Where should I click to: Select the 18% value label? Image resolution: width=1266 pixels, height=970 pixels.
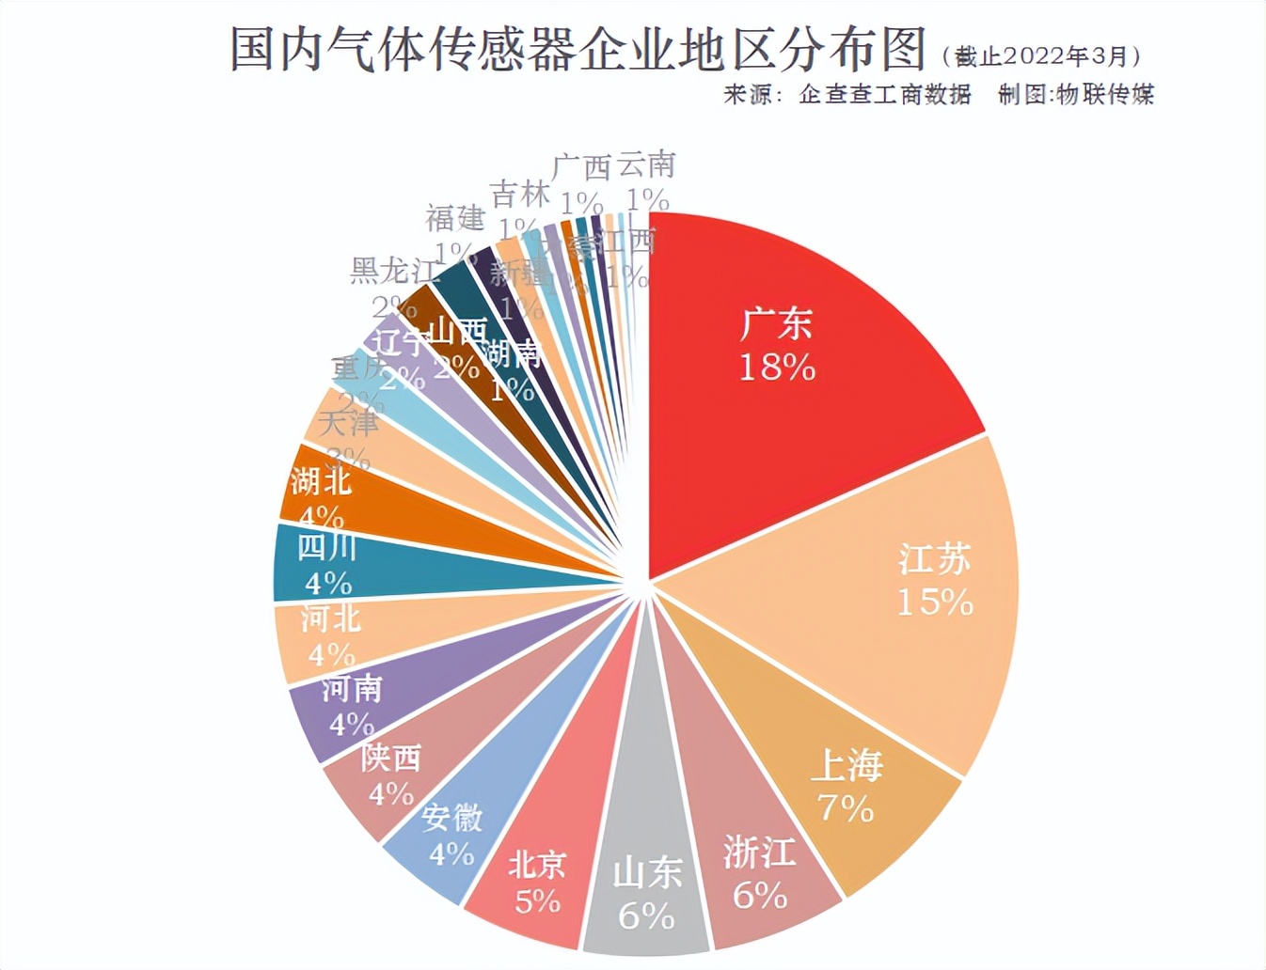click(777, 368)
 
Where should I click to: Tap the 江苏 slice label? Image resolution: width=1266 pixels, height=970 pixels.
click(934, 559)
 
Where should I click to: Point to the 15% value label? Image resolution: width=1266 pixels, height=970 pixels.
click(934, 602)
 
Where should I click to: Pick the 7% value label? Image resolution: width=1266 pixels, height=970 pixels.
click(846, 807)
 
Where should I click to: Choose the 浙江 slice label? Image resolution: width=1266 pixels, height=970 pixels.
click(759, 853)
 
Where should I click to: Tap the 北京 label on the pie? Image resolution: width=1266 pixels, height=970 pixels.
click(537, 863)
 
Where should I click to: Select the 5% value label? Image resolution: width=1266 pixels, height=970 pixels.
click(537, 901)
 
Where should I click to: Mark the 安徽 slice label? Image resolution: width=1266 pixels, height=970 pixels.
click(452, 817)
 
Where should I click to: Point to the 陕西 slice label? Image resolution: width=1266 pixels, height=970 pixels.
click(391, 757)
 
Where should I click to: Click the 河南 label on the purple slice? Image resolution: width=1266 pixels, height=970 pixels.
click(352, 688)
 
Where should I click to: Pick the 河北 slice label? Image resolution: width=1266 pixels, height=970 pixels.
click(330, 618)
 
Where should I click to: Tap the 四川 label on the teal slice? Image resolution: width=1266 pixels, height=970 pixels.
click(326, 546)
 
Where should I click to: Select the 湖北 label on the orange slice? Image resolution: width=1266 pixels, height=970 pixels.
click(321, 480)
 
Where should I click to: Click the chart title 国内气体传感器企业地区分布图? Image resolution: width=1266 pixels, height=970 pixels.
click(578, 49)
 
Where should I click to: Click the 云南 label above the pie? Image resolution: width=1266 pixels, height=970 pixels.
click(646, 164)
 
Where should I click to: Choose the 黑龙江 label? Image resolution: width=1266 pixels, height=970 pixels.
click(394, 271)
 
